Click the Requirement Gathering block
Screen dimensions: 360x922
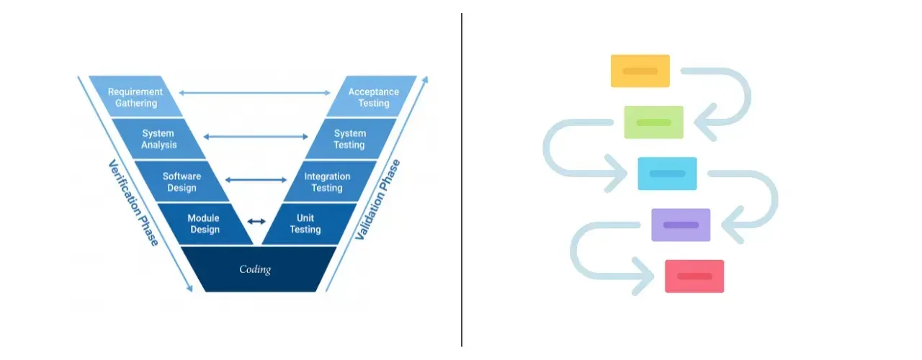[135, 97]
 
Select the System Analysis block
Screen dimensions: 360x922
[158, 139]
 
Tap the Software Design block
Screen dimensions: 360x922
[182, 181]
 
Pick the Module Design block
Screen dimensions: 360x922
[203, 224]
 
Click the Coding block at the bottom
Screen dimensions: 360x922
[256, 269]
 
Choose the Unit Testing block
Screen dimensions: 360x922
[305, 224]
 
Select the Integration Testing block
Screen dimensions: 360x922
[328, 181]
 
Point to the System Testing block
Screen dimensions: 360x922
[350, 139]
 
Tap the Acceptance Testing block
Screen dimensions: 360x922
[373, 97]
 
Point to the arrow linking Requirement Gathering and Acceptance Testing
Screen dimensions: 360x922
[254, 93]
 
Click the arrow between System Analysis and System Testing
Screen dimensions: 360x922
[255, 136]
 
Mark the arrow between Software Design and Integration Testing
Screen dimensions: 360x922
[256, 179]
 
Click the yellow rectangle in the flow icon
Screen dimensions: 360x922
[640, 71]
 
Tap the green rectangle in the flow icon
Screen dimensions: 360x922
[653, 122]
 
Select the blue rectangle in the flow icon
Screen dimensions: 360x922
[667, 174]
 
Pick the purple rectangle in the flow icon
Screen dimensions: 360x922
[681, 225]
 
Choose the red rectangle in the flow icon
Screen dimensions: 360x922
[694, 276]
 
